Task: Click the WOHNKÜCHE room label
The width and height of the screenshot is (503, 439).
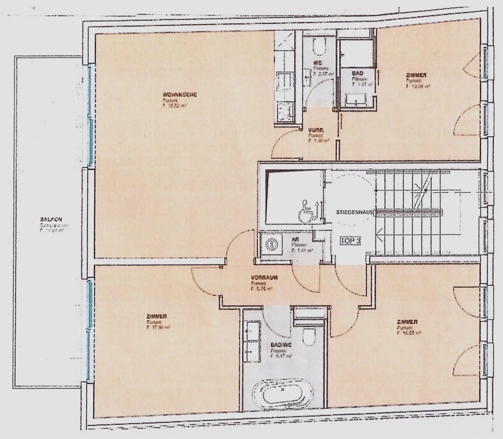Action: [x=180, y=95]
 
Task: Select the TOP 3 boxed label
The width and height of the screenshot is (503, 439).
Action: [x=350, y=241]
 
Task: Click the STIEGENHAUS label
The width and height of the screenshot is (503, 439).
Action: [x=354, y=212]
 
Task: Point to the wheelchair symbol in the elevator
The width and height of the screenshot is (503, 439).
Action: [x=306, y=212]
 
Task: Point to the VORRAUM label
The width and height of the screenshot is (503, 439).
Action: [x=264, y=278]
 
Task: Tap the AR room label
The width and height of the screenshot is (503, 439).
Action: [x=295, y=240]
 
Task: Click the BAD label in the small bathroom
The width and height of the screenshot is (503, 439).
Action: [x=358, y=73]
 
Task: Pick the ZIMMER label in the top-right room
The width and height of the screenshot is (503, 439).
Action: [x=416, y=75]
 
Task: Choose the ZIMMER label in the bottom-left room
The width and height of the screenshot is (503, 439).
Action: [x=157, y=316]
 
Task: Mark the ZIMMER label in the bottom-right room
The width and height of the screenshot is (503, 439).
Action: [x=407, y=322]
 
